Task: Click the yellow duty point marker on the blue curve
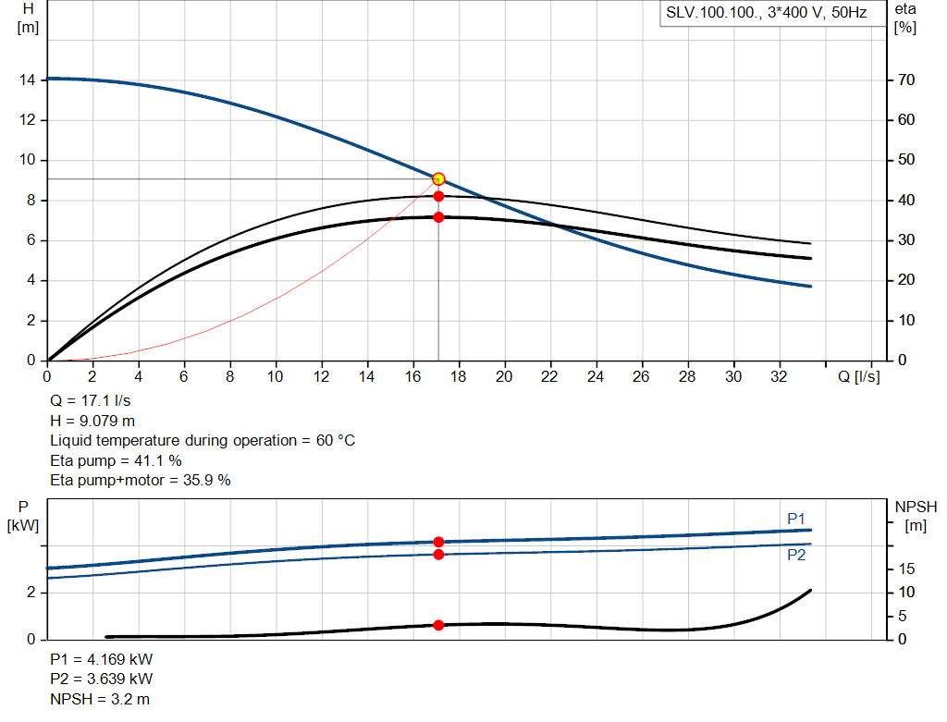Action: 438,178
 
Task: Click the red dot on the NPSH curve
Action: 438,625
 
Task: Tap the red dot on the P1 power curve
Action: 438,542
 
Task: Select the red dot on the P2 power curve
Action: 438,555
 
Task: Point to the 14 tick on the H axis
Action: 27,80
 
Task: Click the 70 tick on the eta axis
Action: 907,80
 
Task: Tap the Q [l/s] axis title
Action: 859,376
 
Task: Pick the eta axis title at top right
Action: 905,8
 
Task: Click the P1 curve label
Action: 796,519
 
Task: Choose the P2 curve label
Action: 796,556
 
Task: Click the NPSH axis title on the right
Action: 916,507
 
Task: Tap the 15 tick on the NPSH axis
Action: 906,569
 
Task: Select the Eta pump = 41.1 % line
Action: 116,459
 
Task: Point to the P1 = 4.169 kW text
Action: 101,660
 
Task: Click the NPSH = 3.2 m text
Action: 99,699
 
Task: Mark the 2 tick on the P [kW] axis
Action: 31,593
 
